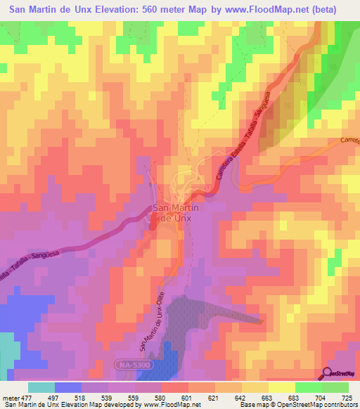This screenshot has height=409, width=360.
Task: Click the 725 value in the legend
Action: point(346,397)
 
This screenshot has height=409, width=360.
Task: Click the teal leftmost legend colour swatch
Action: point(41,387)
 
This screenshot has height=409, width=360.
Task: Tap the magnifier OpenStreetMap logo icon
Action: point(328,373)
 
